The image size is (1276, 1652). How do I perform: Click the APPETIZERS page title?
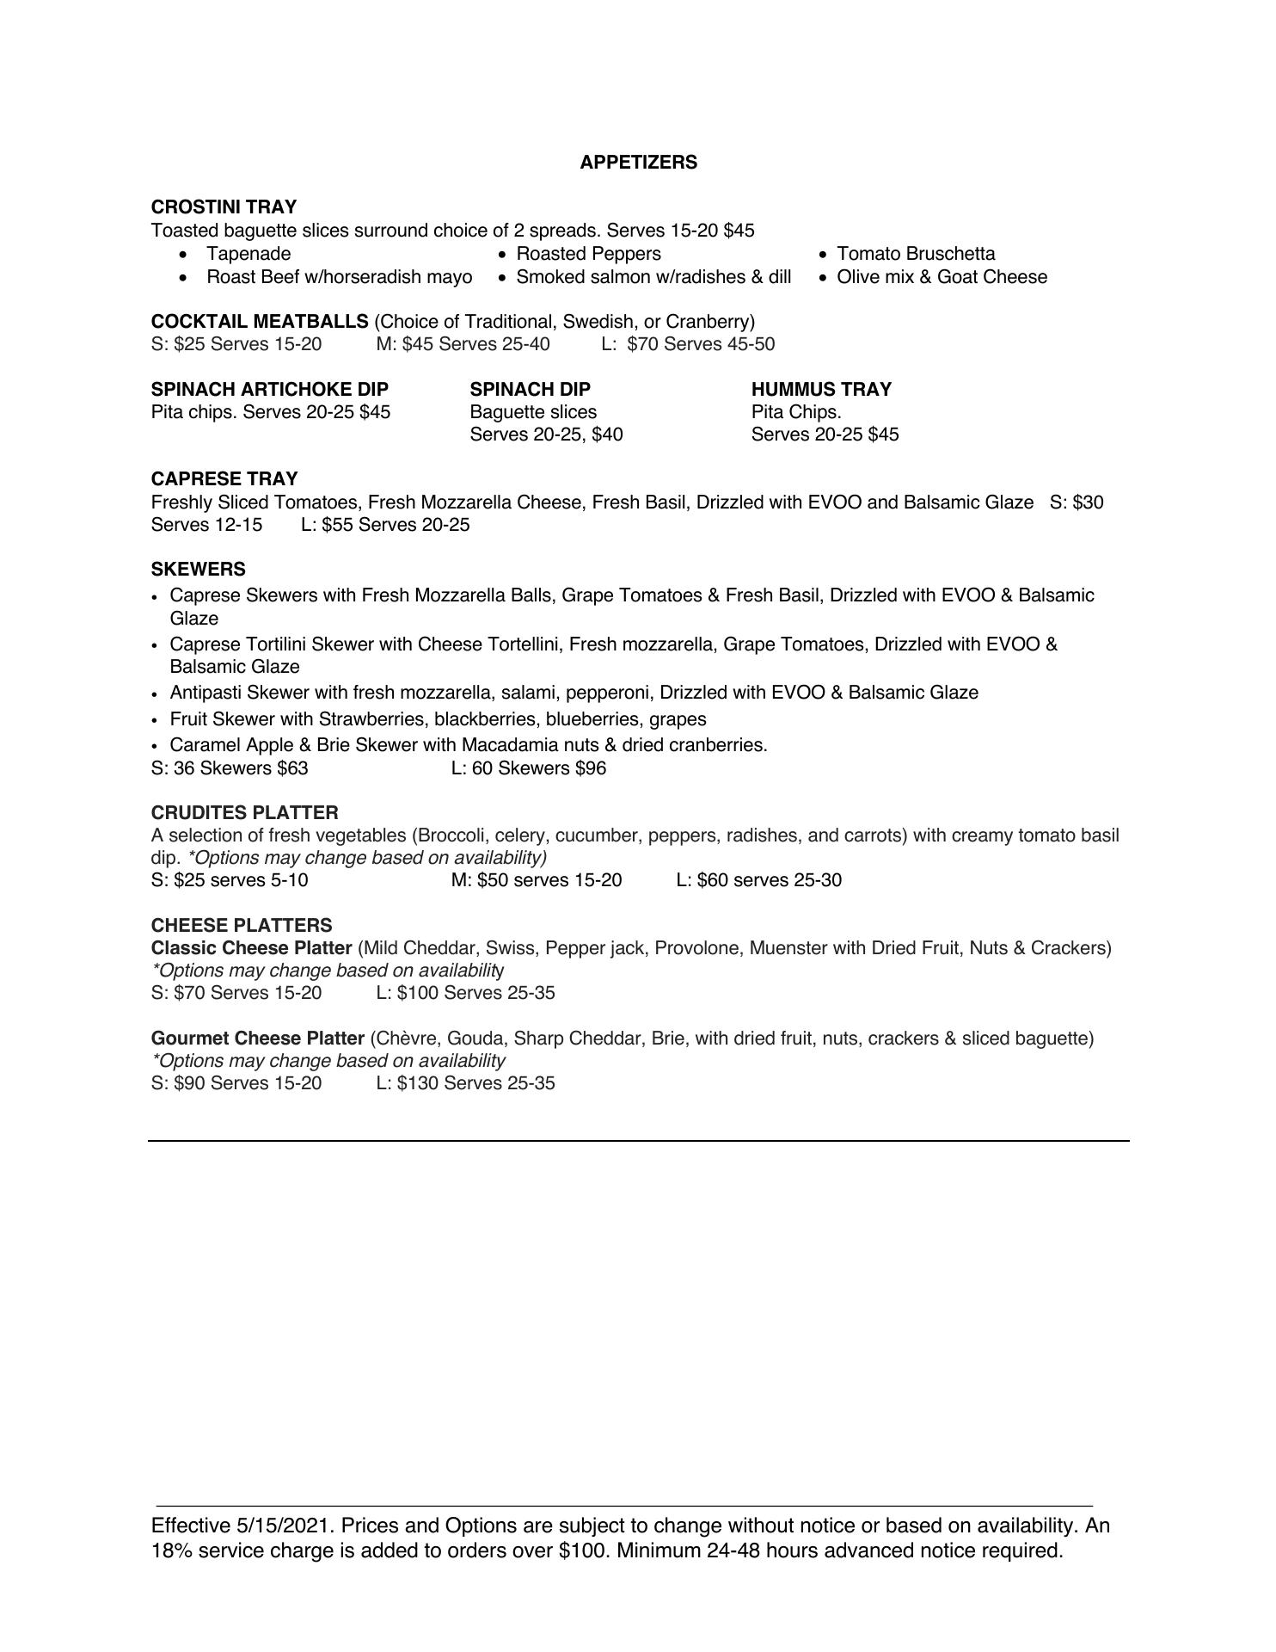pyautogui.click(x=638, y=163)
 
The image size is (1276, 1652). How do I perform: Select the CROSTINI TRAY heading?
pyautogui.click(x=224, y=207)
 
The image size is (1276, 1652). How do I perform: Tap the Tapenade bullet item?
pyautogui.click(x=248, y=254)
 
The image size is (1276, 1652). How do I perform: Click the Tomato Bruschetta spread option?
pyautogui.click(x=916, y=254)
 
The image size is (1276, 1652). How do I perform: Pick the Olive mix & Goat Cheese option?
pyautogui.click(x=942, y=277)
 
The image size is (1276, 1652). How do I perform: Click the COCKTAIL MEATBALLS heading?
pyautogui.click(x=260, y=322)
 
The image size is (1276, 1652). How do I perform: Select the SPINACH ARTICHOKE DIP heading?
pyautogui.click(x=269, y=390)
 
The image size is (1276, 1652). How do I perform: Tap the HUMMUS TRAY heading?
pyautogui.click(x=821, y=390)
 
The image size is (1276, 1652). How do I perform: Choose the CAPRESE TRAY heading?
pyautogui.click(x=224, y=479)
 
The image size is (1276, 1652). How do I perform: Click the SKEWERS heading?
pyautogui.click(x=198, y=570)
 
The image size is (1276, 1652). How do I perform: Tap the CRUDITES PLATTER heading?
pyautogui.click(x=244, y=813)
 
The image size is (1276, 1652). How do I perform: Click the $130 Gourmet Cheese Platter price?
pyautogui.click(x=418, y=1083)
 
